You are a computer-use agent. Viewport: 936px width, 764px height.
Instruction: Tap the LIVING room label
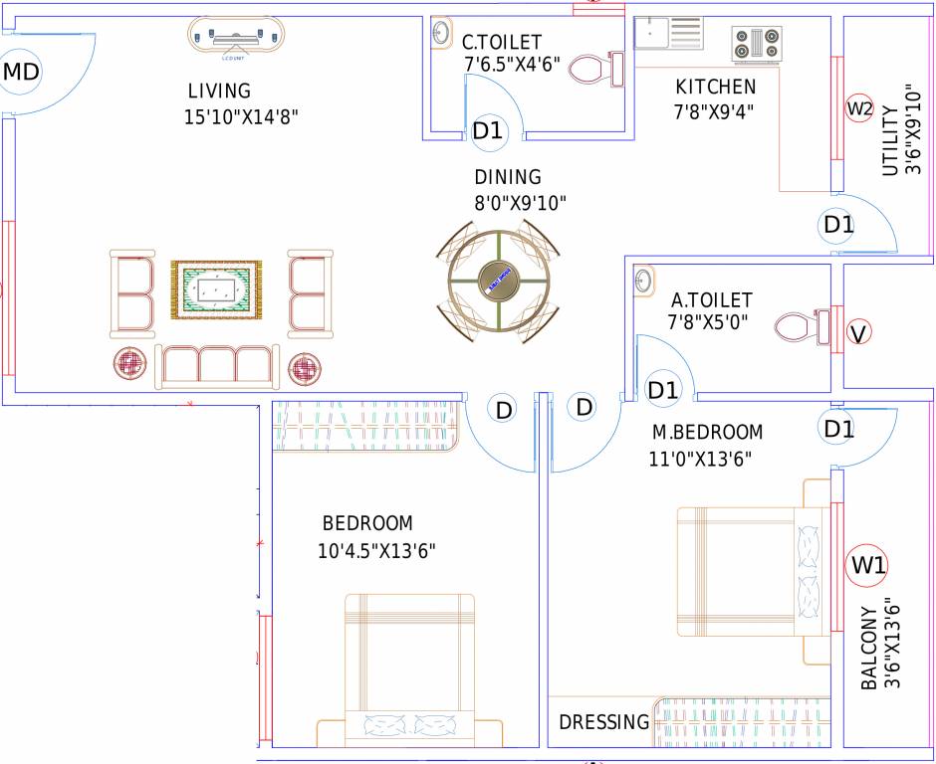point(219,92)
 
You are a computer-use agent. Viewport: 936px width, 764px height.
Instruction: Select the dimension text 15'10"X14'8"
point(242,116)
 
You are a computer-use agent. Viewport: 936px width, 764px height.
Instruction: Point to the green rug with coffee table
point(216,290)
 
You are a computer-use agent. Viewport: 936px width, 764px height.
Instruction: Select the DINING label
point(508,178)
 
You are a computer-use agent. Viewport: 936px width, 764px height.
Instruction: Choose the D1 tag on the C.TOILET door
point(488,130)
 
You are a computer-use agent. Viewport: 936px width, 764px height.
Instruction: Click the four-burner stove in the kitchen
point(759,45)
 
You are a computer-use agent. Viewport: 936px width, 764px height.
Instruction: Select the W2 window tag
point(859,108)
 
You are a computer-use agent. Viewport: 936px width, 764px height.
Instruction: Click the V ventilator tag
point(856,333)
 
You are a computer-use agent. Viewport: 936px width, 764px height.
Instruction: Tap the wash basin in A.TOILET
point(641,282)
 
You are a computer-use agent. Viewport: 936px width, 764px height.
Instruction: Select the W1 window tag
point(868,566)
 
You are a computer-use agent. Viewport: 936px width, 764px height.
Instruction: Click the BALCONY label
point(870,649)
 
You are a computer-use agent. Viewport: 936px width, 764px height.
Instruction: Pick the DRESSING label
point(604,722)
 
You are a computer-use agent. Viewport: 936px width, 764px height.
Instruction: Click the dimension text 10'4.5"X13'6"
point(377,550)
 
